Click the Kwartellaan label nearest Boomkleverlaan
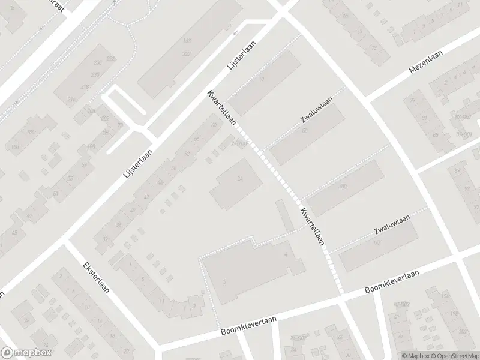pos(313,227)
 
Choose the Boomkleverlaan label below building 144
pos(391,282)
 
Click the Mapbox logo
pos(26,353)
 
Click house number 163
pos(187,41)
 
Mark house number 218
pos(85,87)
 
